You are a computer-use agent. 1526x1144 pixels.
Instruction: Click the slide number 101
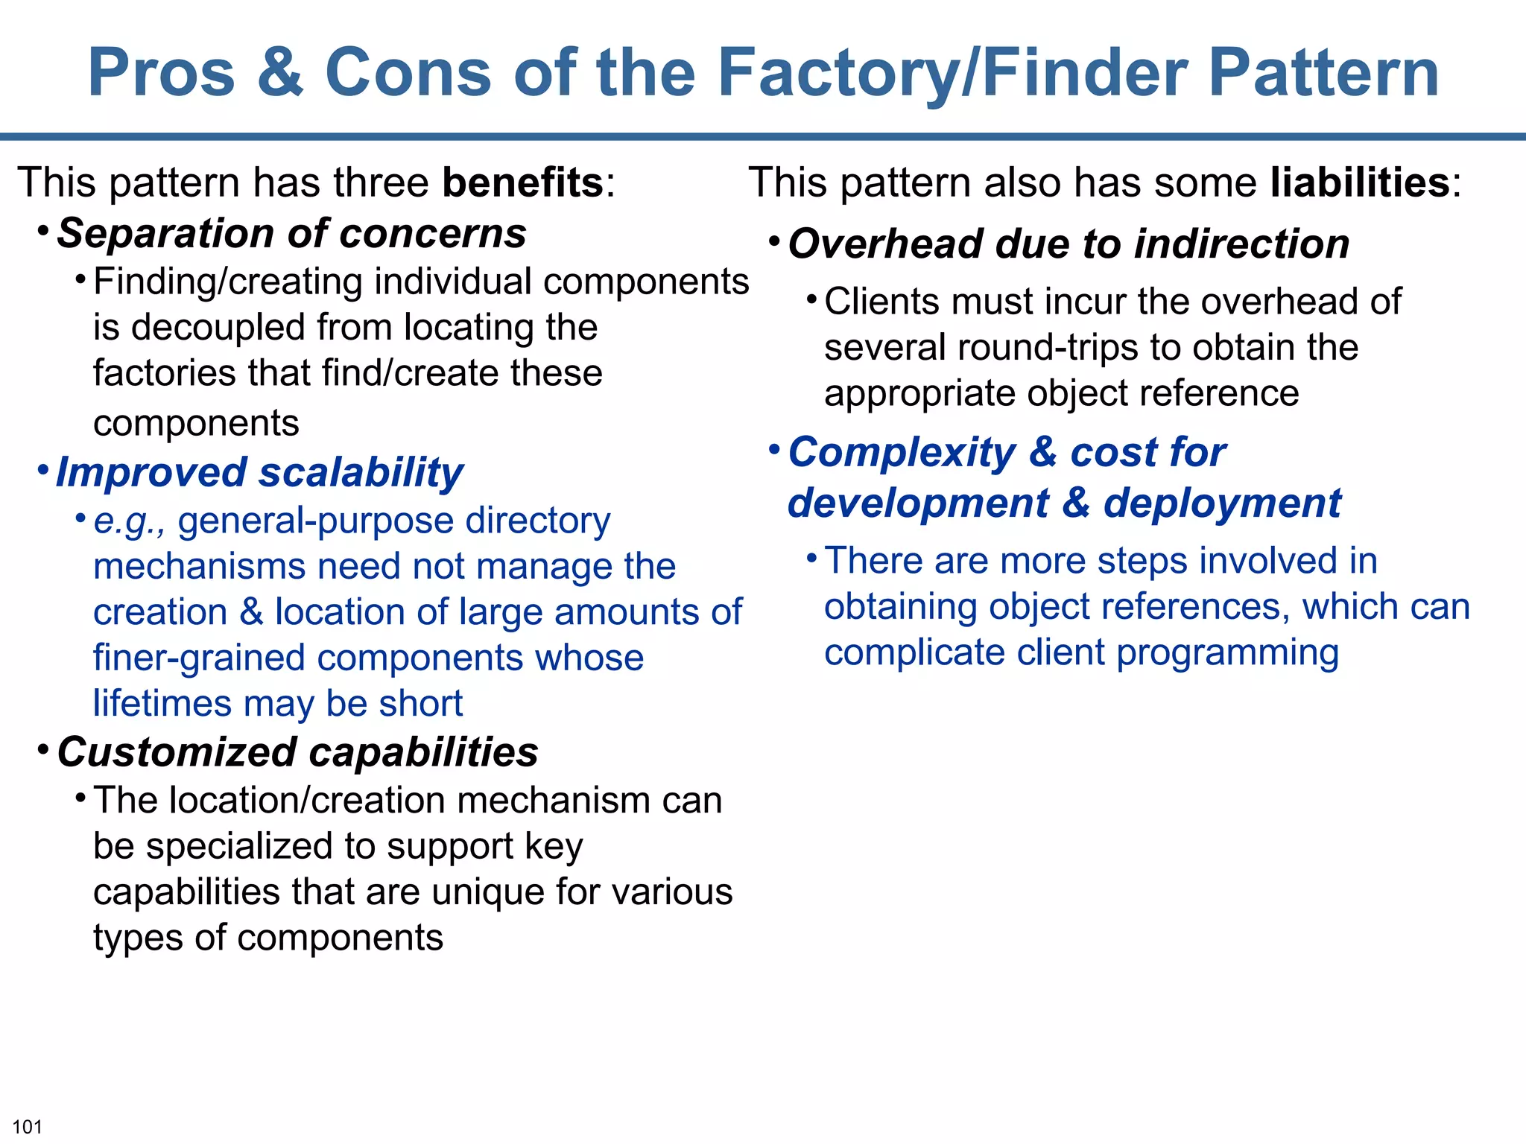point(28,1127)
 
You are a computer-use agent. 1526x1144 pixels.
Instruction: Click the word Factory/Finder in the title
point(950,73)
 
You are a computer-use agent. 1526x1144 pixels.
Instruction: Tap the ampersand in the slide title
point(280,73)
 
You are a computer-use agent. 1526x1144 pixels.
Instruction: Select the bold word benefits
point(522,182)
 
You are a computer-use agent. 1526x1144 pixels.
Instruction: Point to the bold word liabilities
point(1360,182)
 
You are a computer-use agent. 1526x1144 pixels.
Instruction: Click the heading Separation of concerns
point(291,234)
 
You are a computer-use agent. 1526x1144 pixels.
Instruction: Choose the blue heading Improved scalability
point(259,473)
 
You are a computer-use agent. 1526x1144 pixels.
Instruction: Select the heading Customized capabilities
point(297,752)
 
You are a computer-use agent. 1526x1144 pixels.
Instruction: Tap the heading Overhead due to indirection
point(1068,244)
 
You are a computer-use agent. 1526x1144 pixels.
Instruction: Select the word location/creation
point(307,801)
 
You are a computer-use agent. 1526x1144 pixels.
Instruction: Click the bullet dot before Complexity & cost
point(775,449)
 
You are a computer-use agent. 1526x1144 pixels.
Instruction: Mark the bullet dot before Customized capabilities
point(43,748)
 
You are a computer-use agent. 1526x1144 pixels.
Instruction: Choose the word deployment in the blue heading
point(1222,504)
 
